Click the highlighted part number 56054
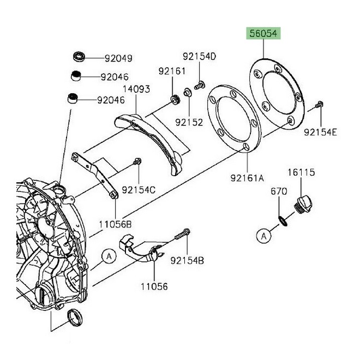pyautogui.click(x=263, y=34)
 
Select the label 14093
pyautogui.click(x=136, y=88)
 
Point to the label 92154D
pyautogui.click(x=199, y=56)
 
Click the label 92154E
pyautogui.click(x=321, y=132)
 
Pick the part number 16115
pyautogui.click(x=302, y=172)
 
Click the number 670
pyautogui.click(x=279, y=191)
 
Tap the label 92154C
pyautogui.click(x=139, y=190)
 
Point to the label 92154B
pyautogui.click(x=187, y=261)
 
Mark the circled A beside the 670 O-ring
pyautogui.click(x=263, y=236)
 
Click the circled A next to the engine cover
pyautogui.click(x=109, y=255)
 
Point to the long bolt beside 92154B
pyautogui.click(x=181, y=235)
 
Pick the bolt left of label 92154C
pyautogui.click(x=137, y=161)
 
